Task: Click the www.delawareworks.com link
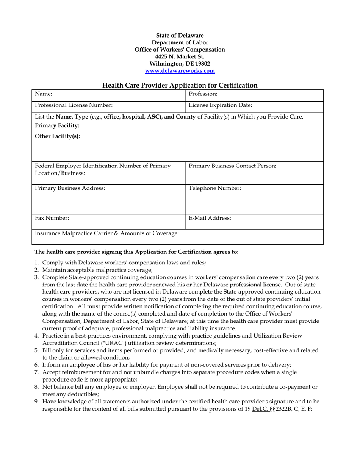point(180,71)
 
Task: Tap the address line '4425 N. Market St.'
point(180,56)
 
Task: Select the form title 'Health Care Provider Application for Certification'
point(180,86)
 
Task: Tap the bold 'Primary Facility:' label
point(57,127)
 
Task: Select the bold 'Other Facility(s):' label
point(58,137)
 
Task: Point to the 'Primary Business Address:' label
point(70,188)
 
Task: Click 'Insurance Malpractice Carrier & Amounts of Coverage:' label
point(107,233)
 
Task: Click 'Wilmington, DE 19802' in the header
point(180,64)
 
